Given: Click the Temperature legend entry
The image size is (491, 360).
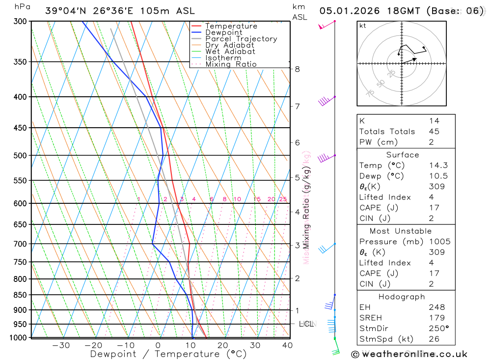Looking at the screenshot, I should (x=231, y=26).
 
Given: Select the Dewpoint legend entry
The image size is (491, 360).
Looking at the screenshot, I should (x=223, y=32).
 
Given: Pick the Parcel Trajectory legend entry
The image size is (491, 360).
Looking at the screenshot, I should (x=241, y=39).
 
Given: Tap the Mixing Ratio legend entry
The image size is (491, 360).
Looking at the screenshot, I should (x=231, y=64).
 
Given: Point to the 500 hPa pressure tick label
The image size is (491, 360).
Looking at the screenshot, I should (x=20, y=156).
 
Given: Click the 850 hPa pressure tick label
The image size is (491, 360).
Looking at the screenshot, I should (x=20, y=295).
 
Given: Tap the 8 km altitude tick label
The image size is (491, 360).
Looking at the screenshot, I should (x=298, y=69).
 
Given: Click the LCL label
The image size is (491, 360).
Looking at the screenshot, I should (x=306, y=324).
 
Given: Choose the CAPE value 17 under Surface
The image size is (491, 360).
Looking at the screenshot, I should (x=434, y=208).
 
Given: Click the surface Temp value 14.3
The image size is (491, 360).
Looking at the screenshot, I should (x=438, y=166).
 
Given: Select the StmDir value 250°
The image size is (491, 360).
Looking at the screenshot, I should (x=438, y=329).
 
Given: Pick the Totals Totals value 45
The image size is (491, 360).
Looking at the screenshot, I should (x=434, y=132).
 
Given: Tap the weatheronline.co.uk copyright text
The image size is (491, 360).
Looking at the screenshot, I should (x=409, y=354).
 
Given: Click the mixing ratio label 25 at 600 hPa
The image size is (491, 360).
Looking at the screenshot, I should (x=283, y=199).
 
